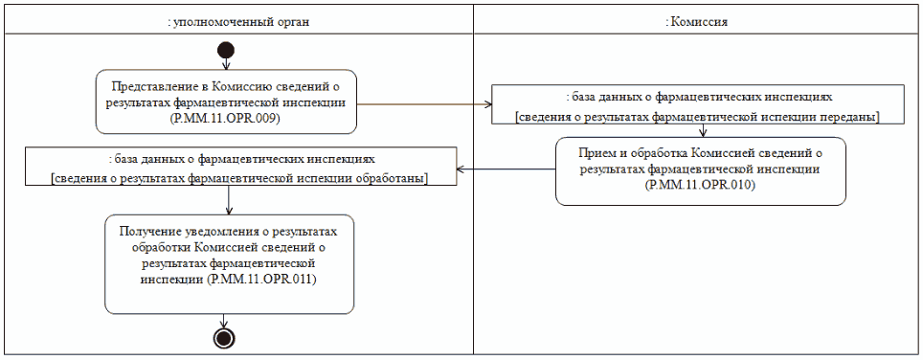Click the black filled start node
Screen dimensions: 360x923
pyautogui.click(x=226, y=50)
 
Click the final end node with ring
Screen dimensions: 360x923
pyautogui.click(x=225, y=337)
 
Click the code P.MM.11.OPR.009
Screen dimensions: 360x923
pyautogui.click(x=226, y=118)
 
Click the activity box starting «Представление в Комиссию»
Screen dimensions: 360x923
pyautogui.click(x=226, y=101)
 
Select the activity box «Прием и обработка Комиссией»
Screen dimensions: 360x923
pyautogui.click(x=701, y=169)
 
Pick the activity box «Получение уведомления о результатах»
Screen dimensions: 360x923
pyautogui.click(x=229, y=262)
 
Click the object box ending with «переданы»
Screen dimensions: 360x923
pyautogui.click(x=698, y=104)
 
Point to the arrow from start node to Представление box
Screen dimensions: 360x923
pyautogui.click(x=226, y=64)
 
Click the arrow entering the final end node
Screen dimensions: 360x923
pyautogui.click(x=225, y=321)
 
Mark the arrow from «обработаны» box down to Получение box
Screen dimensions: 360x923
pyautogui.click(x=230, y=198)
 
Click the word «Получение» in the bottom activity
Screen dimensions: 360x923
pyautogui.click(x=149, y=231)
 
